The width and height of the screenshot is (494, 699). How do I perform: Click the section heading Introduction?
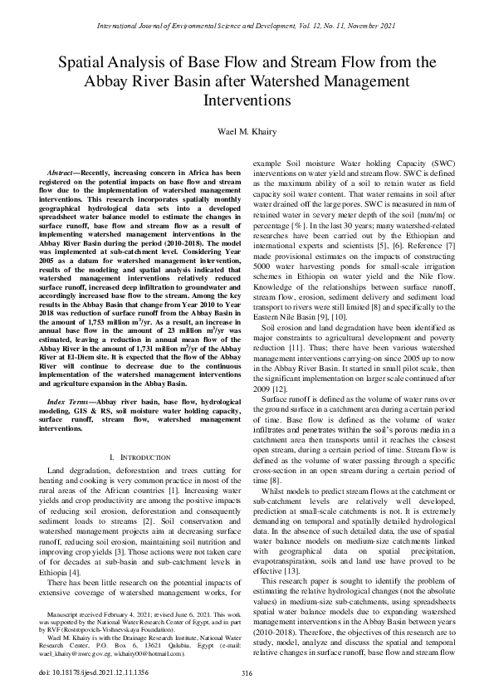click(x=138, y=458)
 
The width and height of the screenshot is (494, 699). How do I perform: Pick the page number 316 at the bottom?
click(x=247, y=672)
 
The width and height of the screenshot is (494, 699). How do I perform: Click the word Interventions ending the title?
click(x=247, y=100)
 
